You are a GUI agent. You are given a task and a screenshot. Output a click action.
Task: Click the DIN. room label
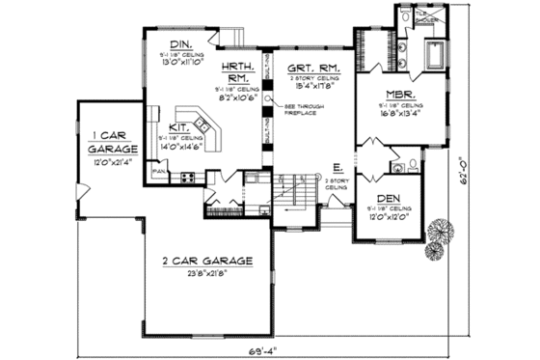[x=180, y=44]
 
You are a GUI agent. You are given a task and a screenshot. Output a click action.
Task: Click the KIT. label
[x=179, y=126]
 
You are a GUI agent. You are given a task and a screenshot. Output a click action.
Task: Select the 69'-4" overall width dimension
[x=261, y=347]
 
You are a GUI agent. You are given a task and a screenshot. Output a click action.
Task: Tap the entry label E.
[x=337, y=168]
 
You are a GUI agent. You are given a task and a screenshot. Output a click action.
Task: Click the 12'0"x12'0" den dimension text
[x=391, y=217]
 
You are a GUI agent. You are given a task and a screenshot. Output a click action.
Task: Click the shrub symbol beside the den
[x=442, y=232]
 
